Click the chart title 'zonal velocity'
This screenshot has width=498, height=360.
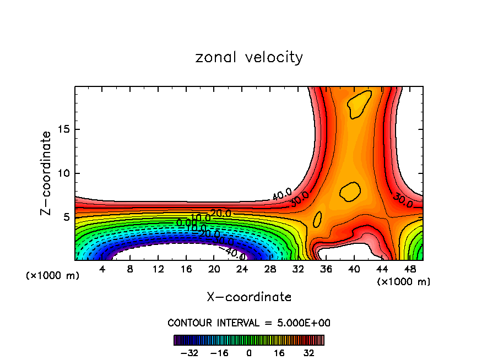pos(249,57)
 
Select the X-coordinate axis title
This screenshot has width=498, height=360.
pos(249,297)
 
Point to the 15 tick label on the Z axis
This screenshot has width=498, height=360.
pos(62,129)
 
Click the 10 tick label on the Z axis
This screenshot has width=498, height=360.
pos(62,173)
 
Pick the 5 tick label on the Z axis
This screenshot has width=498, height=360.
pos(65,217)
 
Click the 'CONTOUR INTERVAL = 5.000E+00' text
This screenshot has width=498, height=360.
pos(249,323)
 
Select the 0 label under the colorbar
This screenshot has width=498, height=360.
pos(249,353)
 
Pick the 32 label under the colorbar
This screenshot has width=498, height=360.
pos(309,353)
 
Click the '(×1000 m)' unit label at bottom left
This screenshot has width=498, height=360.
pos(53,276)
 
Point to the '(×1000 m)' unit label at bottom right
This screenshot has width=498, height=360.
pos(404,281)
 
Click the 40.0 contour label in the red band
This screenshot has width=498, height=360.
pos(282,194)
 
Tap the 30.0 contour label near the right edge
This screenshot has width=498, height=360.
pos(403,200)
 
